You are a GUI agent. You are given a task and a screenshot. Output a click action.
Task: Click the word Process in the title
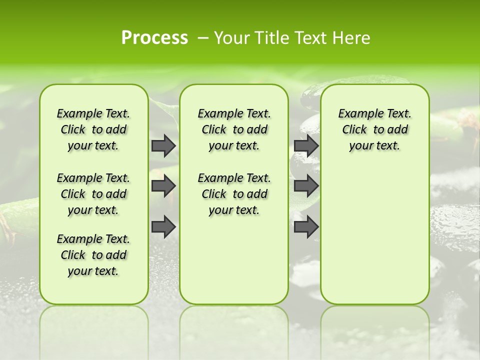[154, 38]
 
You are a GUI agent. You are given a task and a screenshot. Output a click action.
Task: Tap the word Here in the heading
[353, 38]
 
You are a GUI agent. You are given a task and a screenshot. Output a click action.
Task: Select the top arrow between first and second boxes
[163, 145]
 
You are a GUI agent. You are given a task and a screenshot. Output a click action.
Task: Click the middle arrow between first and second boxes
[163, 186]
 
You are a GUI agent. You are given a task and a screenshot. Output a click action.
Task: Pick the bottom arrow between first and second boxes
[163, 226]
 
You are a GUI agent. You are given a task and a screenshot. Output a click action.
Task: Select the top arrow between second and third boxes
[306, 145]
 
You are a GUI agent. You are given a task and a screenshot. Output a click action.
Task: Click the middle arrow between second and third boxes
[306, 186]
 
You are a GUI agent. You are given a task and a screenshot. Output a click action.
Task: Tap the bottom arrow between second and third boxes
[306, 226]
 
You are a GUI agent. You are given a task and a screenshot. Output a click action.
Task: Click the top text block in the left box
[93, 129]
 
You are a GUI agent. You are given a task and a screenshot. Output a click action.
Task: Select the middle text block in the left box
[93, 194]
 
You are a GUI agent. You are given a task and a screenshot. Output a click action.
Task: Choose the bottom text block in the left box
[93, 255]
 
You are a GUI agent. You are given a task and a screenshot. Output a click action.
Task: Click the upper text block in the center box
[234, 129]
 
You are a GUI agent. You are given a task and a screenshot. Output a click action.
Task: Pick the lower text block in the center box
[234, 194]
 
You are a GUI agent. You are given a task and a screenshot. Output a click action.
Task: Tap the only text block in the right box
[374, 129]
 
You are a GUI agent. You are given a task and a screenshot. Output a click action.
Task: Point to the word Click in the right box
[354, 130]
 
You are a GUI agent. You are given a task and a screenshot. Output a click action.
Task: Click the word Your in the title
[231, 38]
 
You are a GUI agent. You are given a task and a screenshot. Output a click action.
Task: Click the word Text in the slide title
[313, 38]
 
